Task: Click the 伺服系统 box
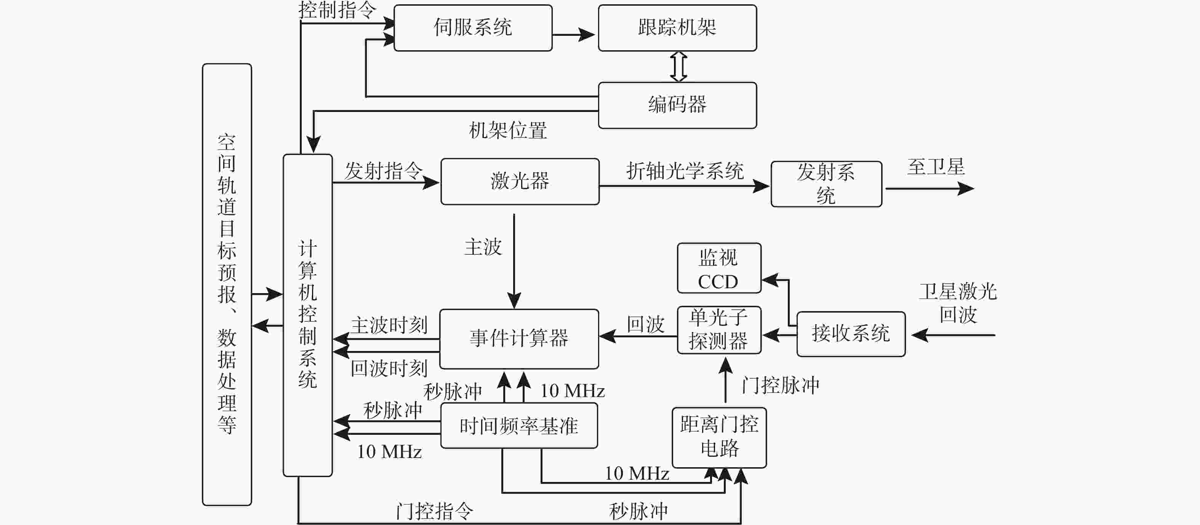473,28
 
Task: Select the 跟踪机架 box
677,28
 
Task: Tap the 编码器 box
677,105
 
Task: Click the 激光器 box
520,182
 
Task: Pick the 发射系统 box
826,184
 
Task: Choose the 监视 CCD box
719,268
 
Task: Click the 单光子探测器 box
719,330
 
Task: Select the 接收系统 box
851,334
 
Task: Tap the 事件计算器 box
519,339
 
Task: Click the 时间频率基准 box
519,425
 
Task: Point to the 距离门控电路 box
719,437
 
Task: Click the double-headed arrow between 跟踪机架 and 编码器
678,67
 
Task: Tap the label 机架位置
508,130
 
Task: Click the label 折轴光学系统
685,171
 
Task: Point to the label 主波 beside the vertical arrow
483,247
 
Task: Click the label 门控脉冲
781,385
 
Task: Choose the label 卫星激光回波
958,303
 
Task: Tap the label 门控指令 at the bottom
434,511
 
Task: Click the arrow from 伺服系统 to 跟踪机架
573,34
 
